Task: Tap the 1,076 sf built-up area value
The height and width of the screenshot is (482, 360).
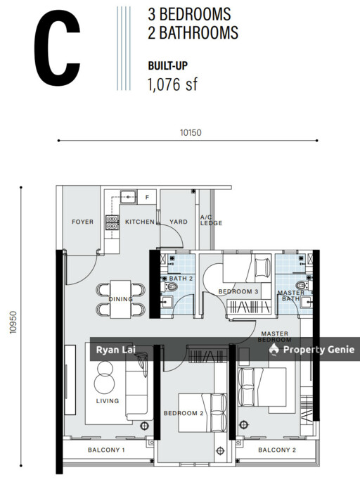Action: pos(171,85)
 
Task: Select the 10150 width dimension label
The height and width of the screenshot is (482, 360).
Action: pos(191,132)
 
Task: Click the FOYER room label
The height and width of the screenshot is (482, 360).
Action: pos(82,222)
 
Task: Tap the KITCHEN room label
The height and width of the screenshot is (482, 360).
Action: pos(140,222)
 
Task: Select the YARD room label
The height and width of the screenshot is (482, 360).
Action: pos(179,222)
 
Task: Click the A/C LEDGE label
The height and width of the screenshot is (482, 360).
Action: pos(211,220)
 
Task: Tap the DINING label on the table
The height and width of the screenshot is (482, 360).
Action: pos(121,299)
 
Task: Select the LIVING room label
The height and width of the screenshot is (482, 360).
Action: pos(108,401)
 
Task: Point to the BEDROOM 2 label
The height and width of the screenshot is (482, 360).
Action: pos(184,413)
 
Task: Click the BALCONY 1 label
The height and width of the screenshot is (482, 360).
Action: pos(106,450)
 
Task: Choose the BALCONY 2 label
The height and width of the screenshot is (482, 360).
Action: pos(277,450)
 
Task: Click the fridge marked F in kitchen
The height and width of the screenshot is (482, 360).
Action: pos(146,198)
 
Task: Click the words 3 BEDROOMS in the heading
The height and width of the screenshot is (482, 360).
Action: pos(189,14)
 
